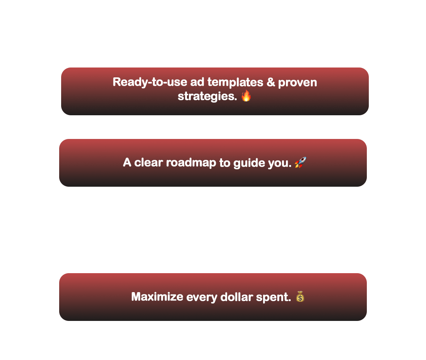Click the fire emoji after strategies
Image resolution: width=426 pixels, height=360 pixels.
[x=246, y=96]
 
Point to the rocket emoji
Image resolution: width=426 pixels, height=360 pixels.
[x=301, y=162]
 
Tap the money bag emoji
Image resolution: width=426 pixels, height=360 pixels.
[x=300, y=296]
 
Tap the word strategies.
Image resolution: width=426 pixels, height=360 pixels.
[x=207, y=96]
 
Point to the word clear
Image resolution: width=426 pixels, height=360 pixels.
[x=149, y=163]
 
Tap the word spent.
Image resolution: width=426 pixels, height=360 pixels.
[x=273, y=297]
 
